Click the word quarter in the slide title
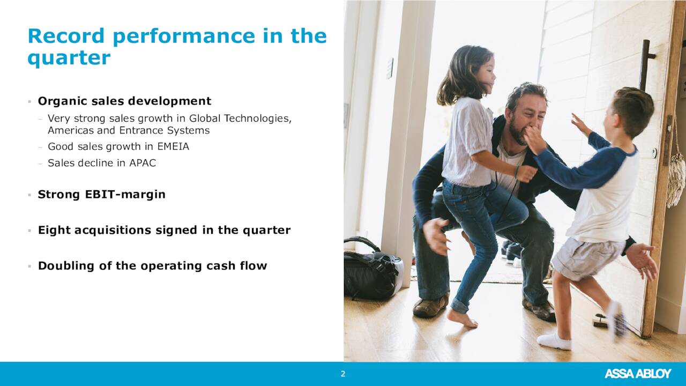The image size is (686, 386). [x=69, y=58]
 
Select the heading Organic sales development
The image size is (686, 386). [x=124, y=101]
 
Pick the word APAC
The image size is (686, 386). [x=143, y=163]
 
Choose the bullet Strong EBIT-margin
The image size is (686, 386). [x=101, y=195]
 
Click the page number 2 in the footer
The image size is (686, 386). [x=343, y=374]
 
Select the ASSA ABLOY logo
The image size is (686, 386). [x=637, y=374]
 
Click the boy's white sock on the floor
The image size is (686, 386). [x=554, y=340]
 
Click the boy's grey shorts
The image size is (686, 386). [x=586, y=257]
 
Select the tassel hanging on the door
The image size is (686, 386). [x=676, y=176]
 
